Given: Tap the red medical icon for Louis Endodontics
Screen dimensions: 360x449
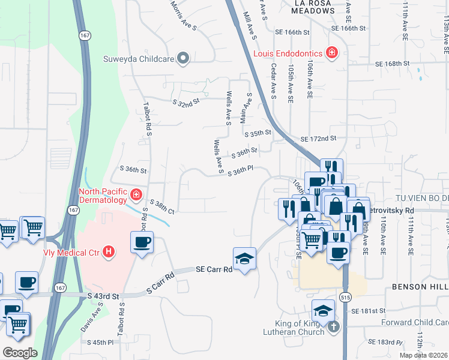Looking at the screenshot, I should pos(331,53).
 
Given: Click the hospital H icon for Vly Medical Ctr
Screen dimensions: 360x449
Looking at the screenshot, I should pos(108,251).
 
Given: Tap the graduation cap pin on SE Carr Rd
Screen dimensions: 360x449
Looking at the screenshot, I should pos(244,259).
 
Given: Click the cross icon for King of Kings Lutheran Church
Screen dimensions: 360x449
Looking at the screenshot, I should pos(334,328).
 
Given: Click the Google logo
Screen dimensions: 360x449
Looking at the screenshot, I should pos(20,352).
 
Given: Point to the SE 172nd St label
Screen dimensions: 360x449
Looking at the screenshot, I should pos(315,139).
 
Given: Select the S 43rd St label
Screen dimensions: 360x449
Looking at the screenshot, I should pos(103,296).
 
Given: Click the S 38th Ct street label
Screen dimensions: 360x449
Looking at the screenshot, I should pos(162,207).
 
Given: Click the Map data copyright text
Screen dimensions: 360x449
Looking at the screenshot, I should pos(423,355).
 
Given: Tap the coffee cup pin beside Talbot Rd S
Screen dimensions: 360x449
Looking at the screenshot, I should pos(142,243).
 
